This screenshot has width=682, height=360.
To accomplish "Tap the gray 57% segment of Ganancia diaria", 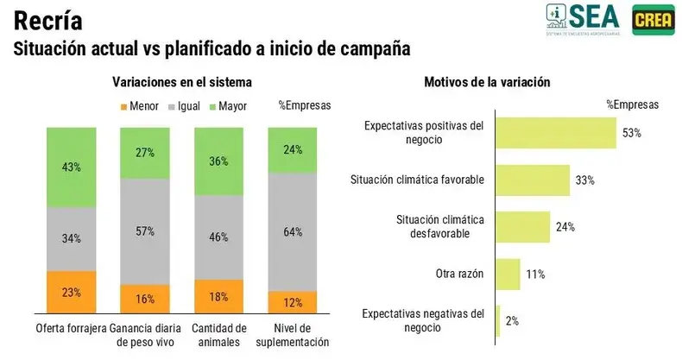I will click(145, 231).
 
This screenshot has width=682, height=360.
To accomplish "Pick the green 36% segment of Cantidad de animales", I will click(219, 160).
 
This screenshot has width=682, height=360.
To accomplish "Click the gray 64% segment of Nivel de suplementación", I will click(293, 231).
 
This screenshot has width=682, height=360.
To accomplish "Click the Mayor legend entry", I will click(226, 106).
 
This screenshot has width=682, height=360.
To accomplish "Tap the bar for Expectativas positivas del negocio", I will click(556, 132).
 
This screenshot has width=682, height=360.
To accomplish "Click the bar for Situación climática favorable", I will click(534, 180).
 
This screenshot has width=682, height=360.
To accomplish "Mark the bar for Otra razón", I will click(508, 274).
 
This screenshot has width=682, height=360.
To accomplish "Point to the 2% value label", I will click(512, 321).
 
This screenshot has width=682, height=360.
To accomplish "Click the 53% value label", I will click(630, 133).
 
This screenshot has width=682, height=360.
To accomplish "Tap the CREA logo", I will click(654, 19).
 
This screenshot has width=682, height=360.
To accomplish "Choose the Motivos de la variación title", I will click(487, 82).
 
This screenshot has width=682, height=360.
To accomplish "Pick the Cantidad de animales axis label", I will click(219, 334).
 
